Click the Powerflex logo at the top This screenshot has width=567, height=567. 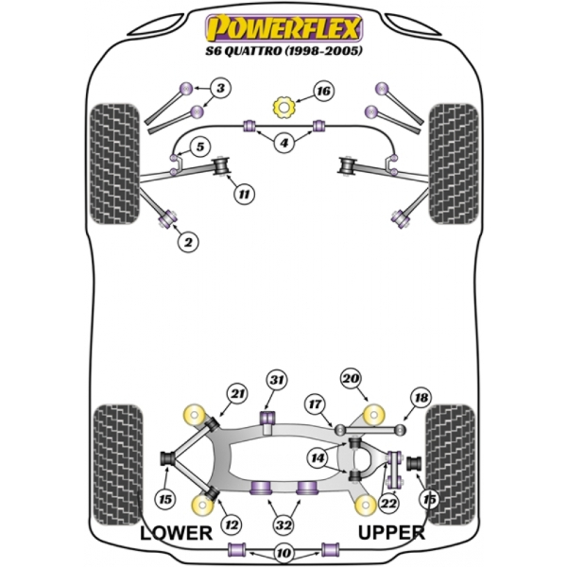point(283,24)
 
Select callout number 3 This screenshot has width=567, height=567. point(220,90)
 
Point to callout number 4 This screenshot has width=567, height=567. point(283,143)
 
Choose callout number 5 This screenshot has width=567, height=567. point(199,146)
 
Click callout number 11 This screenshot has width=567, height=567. point(244,195)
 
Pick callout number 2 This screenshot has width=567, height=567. point(188,243)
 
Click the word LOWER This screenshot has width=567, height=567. point(176,533)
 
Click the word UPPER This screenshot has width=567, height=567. point(390,533)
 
